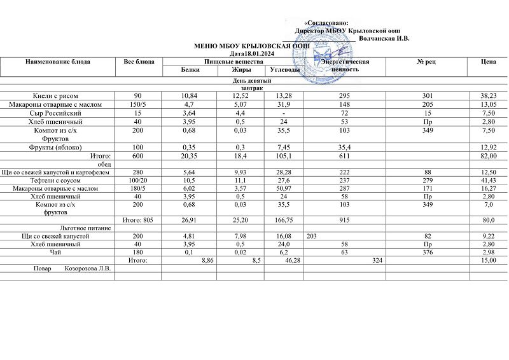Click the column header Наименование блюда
58,62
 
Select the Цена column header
489,62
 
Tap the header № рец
425,62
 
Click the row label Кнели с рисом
59,95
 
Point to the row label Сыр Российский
59,113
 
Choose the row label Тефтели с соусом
59,181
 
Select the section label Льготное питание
85,228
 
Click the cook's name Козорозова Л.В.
88,269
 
